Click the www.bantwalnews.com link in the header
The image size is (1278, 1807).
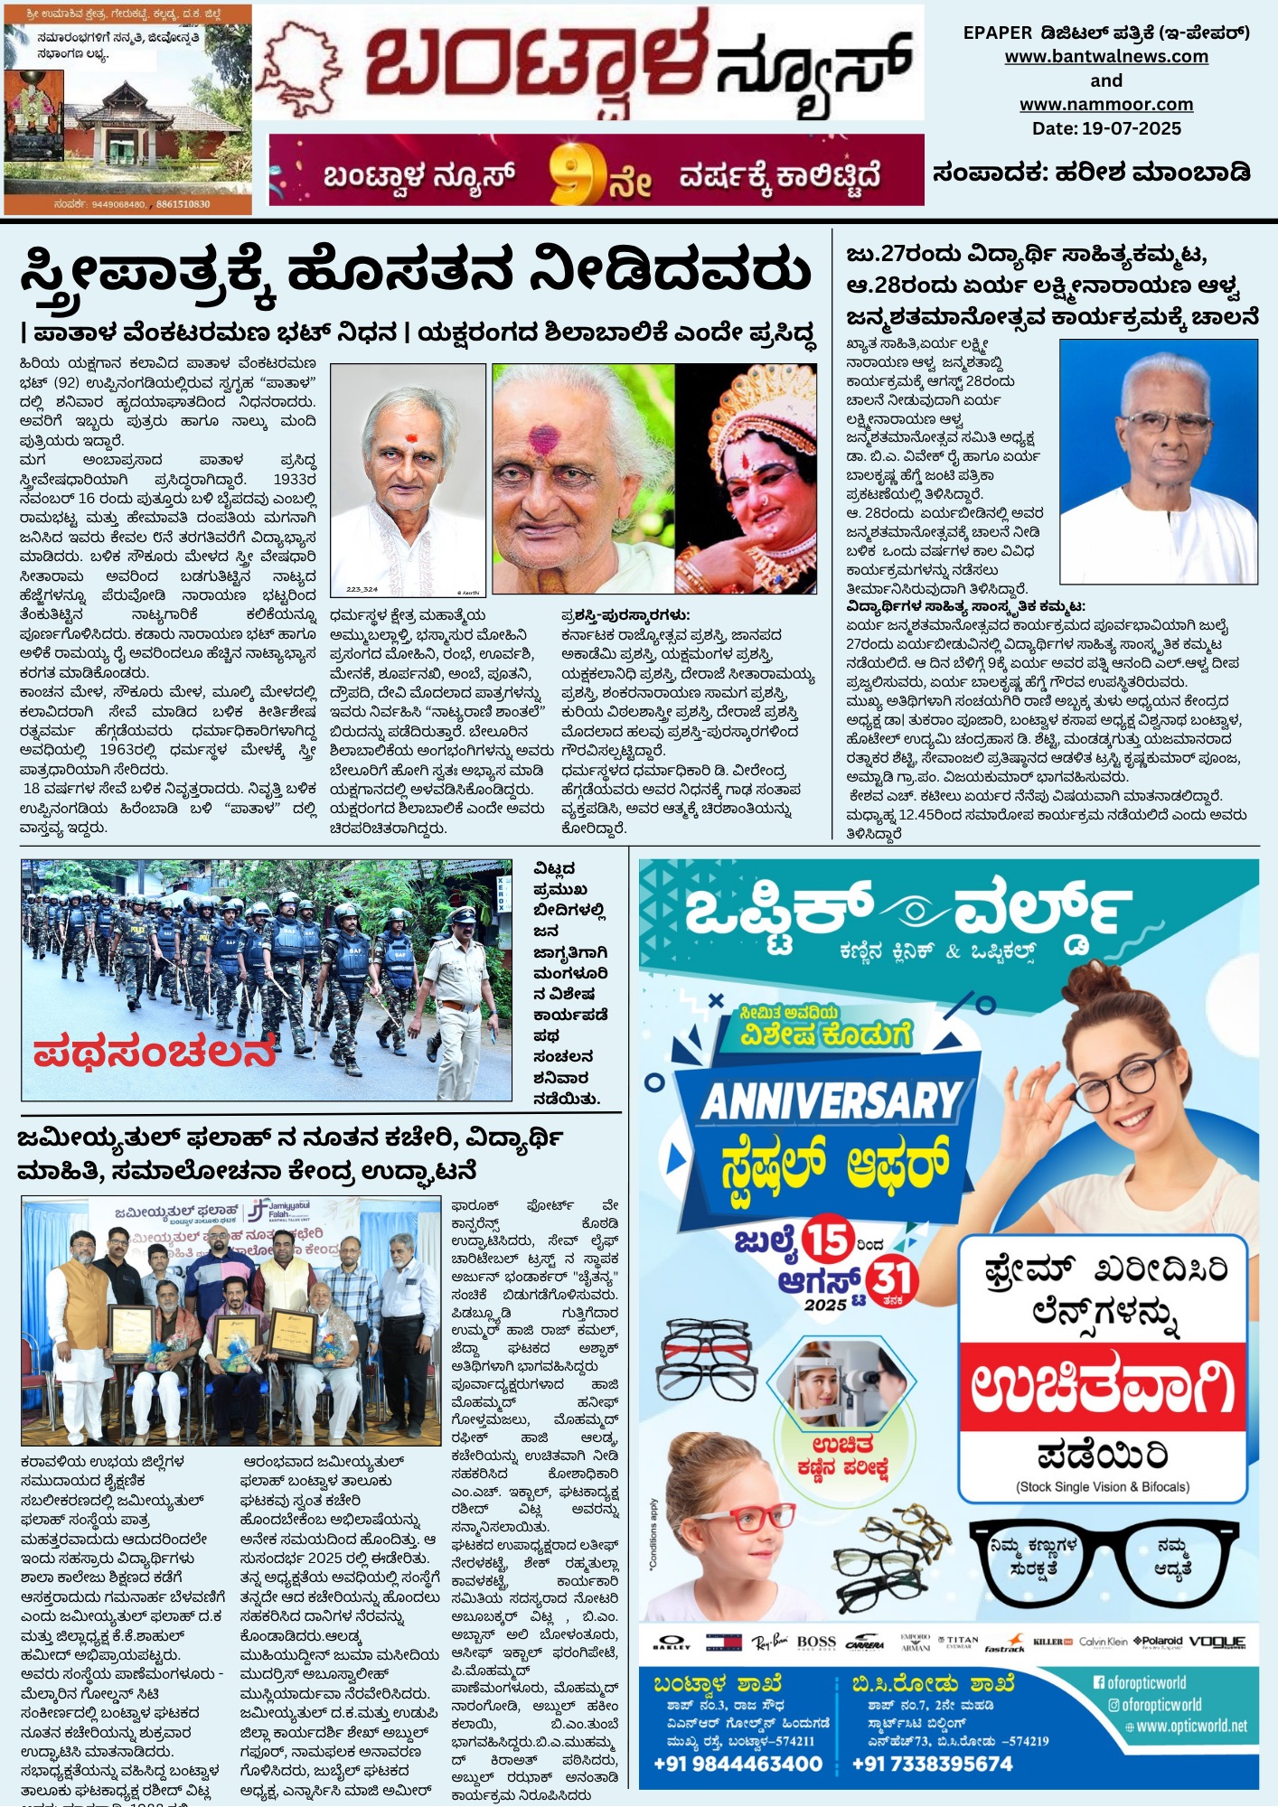1106,57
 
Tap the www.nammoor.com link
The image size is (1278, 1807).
1106,105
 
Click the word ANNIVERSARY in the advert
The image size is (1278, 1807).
832,1101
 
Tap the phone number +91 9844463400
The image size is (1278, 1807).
738,1764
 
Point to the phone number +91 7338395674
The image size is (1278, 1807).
933,1764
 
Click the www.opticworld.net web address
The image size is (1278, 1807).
1191,1726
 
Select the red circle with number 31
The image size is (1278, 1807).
892,1281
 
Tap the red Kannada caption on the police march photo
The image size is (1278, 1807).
154,1053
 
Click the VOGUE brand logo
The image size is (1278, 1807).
1217,1641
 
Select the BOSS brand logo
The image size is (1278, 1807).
816,1642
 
